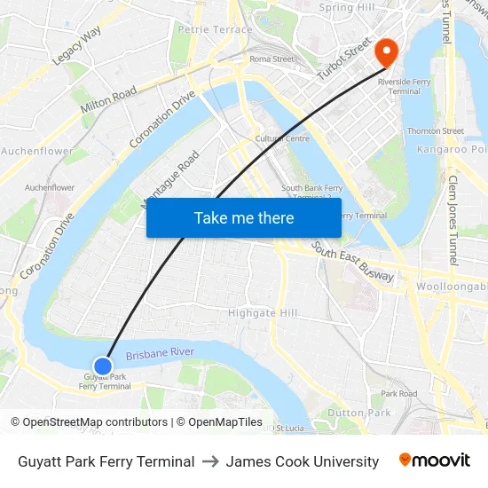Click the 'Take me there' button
(244, 217)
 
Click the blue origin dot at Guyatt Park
(103, 366)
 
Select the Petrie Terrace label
(203, 29)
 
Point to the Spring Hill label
(348, 8)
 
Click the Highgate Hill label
(263, 313)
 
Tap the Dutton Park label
(358, 413)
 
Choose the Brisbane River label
(160, 354)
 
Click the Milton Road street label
(108, 99)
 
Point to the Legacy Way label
(76, 46)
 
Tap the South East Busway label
(353, 265)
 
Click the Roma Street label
(272, 59)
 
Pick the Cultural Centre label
(282, 138)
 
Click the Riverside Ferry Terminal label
(398, 86)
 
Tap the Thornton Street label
(435, 131)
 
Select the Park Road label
(398, 393)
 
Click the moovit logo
(434, 460)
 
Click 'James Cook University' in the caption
(302, 461)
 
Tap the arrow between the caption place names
(210, 461)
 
